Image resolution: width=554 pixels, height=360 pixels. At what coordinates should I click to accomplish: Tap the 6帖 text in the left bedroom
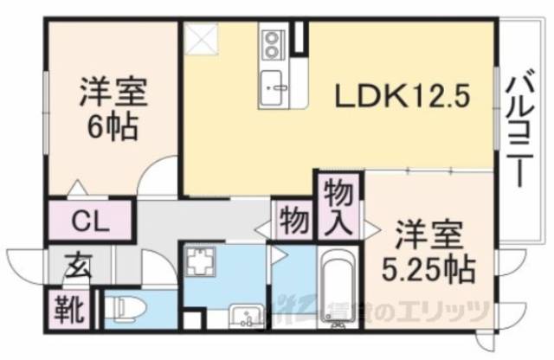coord(113,128)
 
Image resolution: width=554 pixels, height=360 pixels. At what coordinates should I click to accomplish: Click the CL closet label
coord(90,222)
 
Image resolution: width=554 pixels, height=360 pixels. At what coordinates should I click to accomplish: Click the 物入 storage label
coord(338,208)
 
